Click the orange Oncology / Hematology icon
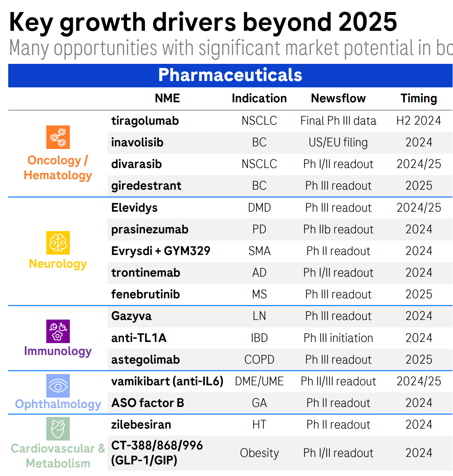[x=58, y=137]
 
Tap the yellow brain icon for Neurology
[x=58, y=243]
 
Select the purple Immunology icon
[x=58, y=331]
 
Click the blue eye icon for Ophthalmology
[x=58, y=386]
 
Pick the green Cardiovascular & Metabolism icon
[x=58, y=429]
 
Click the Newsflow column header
[x=338, y=98]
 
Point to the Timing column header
[x=419, y=98]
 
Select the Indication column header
[x=259, y=98]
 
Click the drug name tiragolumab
[x=145, y=121]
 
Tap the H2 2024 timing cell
[x=419, y=121]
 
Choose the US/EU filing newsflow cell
[x=338, y=143]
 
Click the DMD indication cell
[x=259, y=208]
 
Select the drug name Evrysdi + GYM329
[x=161, y=251]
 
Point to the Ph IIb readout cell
[x=338, y=229]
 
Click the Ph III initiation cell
[x=338, y=338]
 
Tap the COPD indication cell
[x=259, y=360]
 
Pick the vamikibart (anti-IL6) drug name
[x=167, y=381]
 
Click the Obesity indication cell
[x=259, y=453]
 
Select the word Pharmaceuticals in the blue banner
[x=230, y=75]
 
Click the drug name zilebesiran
[x=141, y=424]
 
